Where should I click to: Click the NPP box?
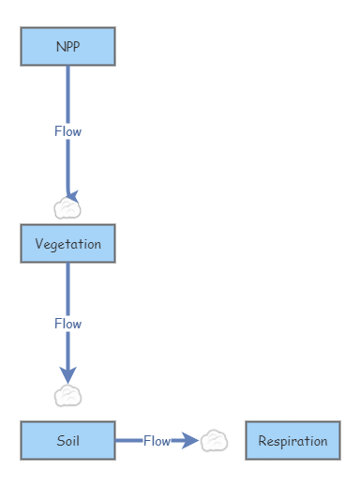(x=67, y=46)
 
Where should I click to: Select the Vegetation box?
(x=67, y=243)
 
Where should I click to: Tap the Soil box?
(x=67, y=440)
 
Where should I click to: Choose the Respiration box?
(x=292, y=440)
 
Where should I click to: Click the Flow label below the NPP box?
(x=67, y=131)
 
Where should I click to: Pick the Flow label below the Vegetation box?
(x=67, y=324)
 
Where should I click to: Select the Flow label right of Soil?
(x=157, y=440)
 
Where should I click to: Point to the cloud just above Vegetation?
(x=67, y=208)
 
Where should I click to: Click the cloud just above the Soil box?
(x=67, y=396)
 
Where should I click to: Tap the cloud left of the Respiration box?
(x=214, y=440)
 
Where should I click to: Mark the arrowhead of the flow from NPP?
(x=70, y=196)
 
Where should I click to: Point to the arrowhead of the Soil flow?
(x=190, y=440)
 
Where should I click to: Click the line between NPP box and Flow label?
(x=67, y=94)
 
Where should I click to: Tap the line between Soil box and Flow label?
(x=128, y=440)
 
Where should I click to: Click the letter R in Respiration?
(x=262, y=441)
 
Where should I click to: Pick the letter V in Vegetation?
(x=38, y=243)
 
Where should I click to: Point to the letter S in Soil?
(x=59, y=440)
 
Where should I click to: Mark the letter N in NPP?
(x=60, y=46)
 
